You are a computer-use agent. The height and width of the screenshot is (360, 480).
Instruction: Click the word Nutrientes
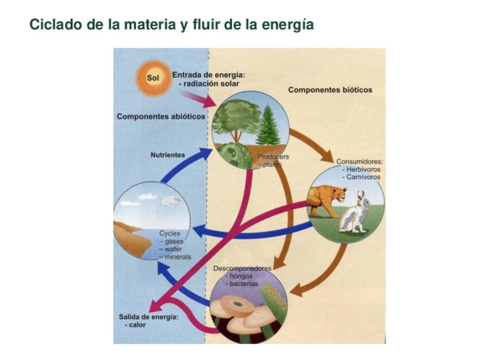tap(168, 155)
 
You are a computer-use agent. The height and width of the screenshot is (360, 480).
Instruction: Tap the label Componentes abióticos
tap(161, 117)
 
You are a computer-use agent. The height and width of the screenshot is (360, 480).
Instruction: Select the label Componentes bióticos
tap(330, 90)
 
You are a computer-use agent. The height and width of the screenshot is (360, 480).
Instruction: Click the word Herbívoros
tap(363, 169)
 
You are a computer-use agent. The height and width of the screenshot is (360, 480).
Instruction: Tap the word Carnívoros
tap(363, 177)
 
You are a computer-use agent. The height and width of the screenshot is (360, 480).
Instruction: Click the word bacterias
tap(245, 284)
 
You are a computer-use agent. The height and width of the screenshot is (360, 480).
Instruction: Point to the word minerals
tap(178, 257)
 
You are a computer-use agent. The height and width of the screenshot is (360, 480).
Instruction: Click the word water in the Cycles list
tap(175, 249)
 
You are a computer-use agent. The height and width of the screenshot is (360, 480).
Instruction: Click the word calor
tap(136, 325)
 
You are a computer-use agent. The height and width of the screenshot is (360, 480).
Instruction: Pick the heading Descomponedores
tap(242, 268)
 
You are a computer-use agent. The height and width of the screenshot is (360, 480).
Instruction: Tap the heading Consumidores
tap(359, 161)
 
